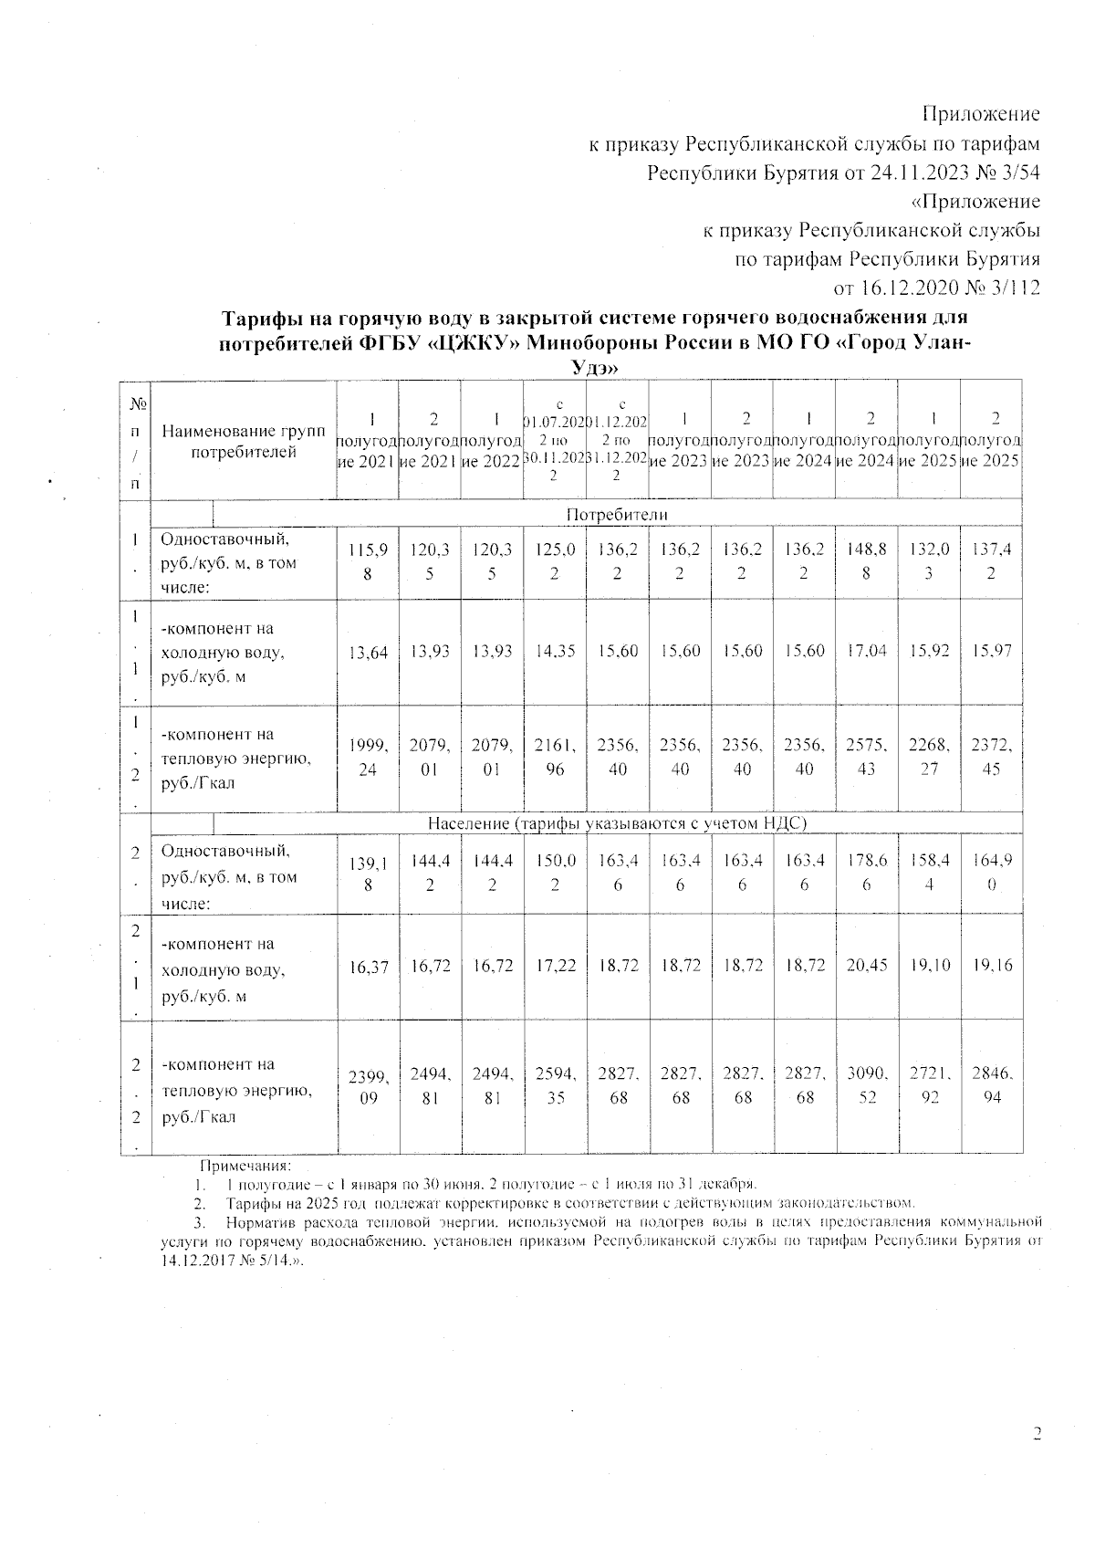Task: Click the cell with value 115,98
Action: coord(368,563)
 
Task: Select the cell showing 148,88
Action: coord(867,563)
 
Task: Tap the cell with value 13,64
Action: coord(368,652)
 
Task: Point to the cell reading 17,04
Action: coord(867,652)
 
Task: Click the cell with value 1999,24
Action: coord(368,757)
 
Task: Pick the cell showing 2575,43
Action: coord(867,757)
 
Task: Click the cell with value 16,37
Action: coord(368,966)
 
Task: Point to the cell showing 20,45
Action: coord(867,966)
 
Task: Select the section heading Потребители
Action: coord(617,515)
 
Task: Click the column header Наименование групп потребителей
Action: coord(244,441)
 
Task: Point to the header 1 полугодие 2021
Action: coord(368,440)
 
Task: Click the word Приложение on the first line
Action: coord(981,114)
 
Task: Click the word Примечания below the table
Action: coord(245,1167)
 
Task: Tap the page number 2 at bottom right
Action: coord(1036,1434)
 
